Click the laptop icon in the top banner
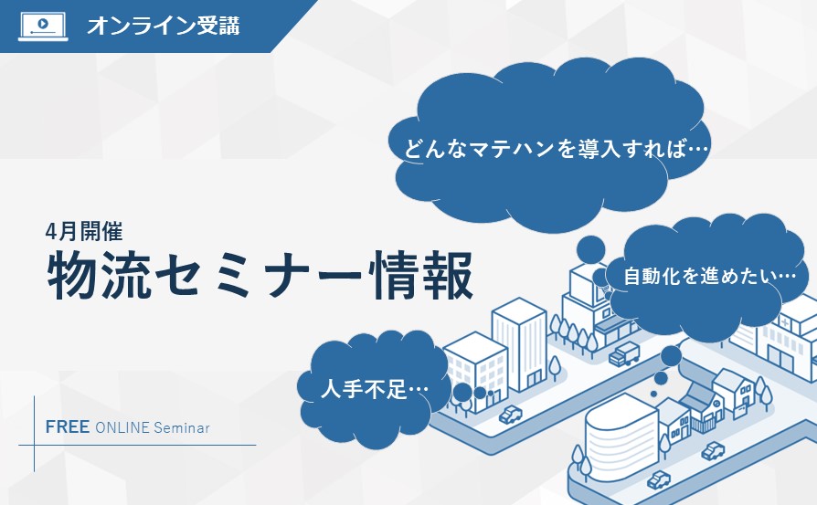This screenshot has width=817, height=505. tap(43, 26)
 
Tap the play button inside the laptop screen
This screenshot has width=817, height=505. tap(44, 24)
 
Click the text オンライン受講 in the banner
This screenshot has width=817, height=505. tap(164, 26)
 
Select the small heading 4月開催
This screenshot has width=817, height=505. tap(84, 231)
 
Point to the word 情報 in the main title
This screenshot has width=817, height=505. tap(421, 276)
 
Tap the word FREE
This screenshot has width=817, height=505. tap(68, 427)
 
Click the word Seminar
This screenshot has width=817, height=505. tap(181, 428)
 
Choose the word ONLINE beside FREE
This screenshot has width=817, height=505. tap(122, 428)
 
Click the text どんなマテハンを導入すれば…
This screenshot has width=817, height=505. tap(557, 149)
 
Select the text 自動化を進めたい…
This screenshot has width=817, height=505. tap(710, 276)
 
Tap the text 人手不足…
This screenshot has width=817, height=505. tap(375, 388)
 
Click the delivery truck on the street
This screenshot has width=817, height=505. tap(624, 354)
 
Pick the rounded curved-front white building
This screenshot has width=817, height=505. tap(620, 437)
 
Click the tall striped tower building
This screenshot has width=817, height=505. tap(519, 343)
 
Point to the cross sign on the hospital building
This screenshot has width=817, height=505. tap(785, 322)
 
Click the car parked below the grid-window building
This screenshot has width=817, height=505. tap(511, 415)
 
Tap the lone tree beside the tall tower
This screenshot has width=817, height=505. tap(555, 368)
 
